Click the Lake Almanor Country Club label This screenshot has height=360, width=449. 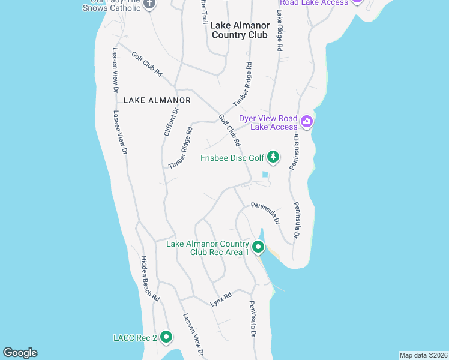[239, 30]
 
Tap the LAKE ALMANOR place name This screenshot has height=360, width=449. [157, 100]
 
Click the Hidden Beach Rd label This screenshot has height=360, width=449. [150, 278]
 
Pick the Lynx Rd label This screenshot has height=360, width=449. [221, 299]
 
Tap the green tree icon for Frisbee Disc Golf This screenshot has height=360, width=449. [274, 157]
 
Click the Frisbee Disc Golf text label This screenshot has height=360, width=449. [232, 158]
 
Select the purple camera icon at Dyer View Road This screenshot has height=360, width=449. [307, 122]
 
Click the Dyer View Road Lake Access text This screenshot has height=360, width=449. [268, 122]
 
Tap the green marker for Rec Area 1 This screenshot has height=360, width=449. [258, 247]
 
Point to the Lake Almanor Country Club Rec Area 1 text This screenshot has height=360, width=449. [208, 248]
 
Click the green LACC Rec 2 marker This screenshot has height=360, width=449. [166, 338]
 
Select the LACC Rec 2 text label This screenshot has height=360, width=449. [135, 338]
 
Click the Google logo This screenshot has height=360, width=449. [20, 353]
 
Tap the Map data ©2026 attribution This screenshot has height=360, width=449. [423, 355]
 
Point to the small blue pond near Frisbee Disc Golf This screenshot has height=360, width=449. [265, 175]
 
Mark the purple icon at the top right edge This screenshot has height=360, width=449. [357, 2]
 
